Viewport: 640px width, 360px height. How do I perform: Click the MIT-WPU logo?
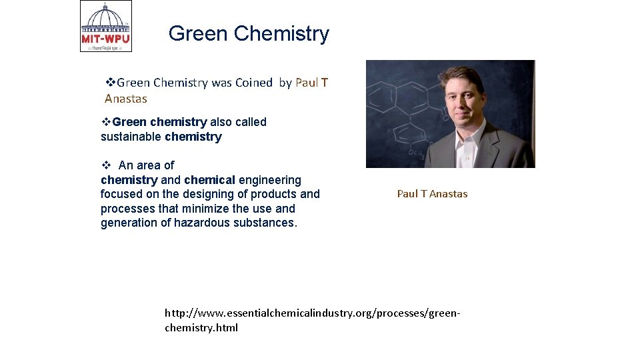pyautogui.click(x=106, y=27)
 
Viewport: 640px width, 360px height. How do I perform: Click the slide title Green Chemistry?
pyautogui.click(x=249, y=33)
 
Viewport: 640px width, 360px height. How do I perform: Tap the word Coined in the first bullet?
pyautogui.click(x=253, y=83)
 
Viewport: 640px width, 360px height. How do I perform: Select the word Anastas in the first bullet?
pyautogui.click(x=126, y=99)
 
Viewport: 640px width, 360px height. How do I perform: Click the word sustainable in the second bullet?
pyautogui.click(x=131, y=137)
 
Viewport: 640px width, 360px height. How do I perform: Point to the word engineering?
pyautogui.click(x=270, y=180)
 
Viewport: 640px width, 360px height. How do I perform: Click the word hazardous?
pyautogui.click(x=202, y=223)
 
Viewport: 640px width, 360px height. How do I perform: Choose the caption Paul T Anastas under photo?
pyautogui.click(x=432, y=194)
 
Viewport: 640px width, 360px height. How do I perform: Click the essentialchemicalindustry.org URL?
pyautogui.click(x=313, y=320)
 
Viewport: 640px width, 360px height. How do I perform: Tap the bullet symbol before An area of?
pyautogui.click(x=105, y=165)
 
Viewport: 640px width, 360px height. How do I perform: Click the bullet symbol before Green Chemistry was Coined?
pyautogui.click(x=111, y=83)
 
